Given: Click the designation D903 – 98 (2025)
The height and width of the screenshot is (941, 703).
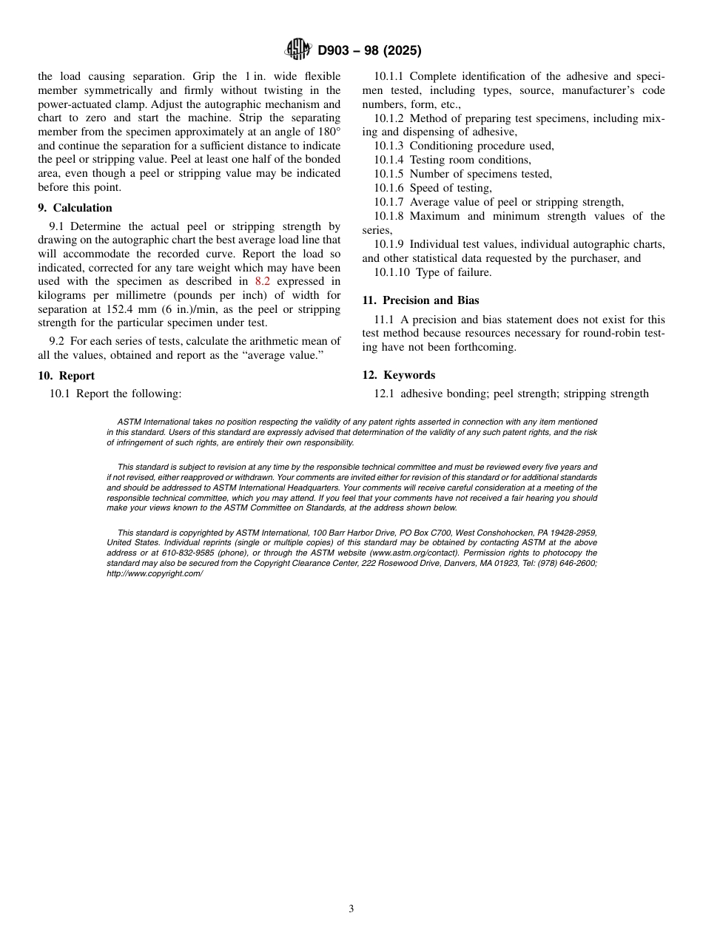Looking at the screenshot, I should coord(369,51).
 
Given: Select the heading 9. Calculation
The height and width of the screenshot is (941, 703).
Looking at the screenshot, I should coord(75,208).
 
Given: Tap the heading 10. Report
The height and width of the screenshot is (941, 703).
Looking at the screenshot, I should coord(67,376).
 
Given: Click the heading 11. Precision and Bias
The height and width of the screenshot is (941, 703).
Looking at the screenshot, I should coord(420,300).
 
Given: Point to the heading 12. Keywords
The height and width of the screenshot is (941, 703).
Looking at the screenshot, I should coord(399,375).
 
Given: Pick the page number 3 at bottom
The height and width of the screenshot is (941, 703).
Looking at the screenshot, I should coord(351,909).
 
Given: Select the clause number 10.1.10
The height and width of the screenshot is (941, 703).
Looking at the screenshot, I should coord(392,272).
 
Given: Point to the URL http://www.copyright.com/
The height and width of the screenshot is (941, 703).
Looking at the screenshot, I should coord(154,573).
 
